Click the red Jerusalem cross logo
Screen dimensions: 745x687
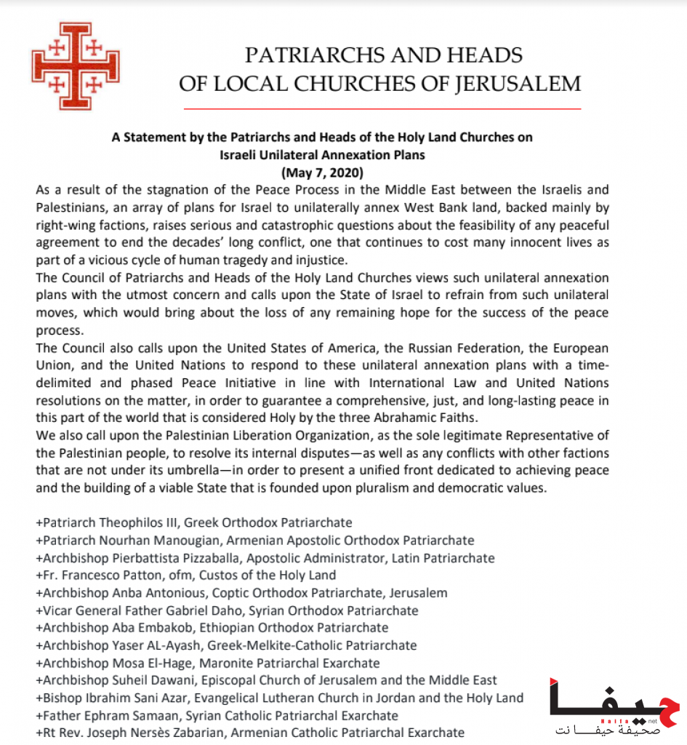pos(76,66)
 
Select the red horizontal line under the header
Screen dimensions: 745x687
pos(382,108)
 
